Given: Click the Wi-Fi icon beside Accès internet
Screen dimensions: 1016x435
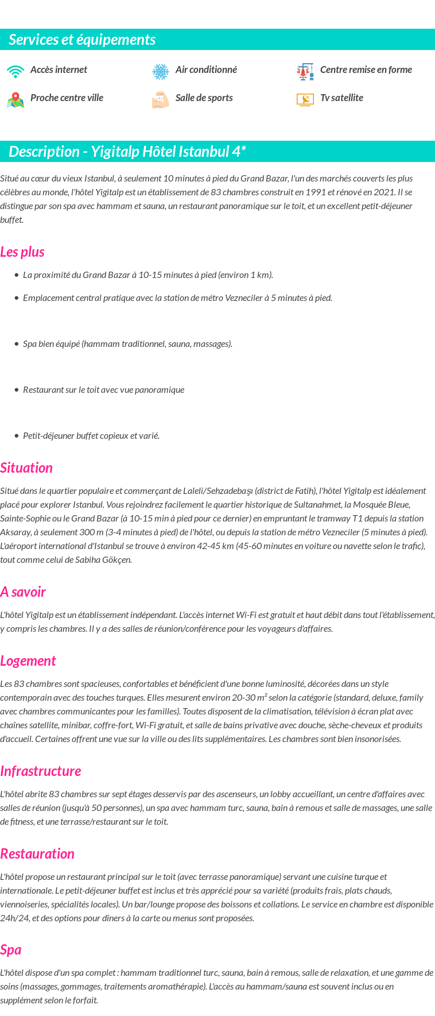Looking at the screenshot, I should click(15, 71).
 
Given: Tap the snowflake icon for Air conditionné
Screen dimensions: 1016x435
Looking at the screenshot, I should click(161, 71).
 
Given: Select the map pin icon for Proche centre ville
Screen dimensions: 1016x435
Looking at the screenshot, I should click(15, 100).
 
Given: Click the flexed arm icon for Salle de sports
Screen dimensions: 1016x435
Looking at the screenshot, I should click(161, 100).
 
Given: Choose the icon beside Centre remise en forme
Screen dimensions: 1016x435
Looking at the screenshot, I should click(305, 71).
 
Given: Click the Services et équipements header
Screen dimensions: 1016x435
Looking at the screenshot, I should click(82, 40).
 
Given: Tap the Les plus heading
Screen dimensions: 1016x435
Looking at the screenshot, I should click(22, 252).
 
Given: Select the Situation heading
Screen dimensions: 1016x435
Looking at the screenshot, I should click(26, 468).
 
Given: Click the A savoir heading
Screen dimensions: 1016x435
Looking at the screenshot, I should click(23, 592).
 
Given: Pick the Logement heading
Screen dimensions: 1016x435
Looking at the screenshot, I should click(28, 660).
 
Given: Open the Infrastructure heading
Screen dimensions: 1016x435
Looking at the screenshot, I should click(41, 771).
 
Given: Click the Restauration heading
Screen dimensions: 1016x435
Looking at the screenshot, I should click(37, 853).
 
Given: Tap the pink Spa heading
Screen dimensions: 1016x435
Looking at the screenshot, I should click(11, 949).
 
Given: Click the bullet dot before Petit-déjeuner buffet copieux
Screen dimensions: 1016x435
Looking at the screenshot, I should click(17, 436).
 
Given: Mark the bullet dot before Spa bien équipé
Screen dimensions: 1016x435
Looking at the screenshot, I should click(17, 344).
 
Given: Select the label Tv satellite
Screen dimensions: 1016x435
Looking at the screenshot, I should click(341, 98).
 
